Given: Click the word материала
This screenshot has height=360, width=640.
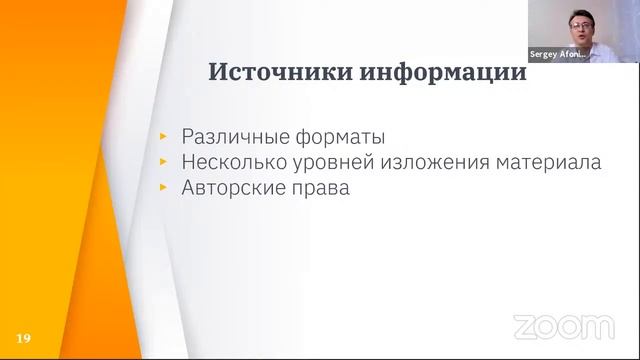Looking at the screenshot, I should pos(551,162).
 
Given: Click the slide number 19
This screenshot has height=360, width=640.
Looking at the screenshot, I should pos(24,338).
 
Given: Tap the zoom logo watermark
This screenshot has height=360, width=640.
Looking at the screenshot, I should pos(563,326).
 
